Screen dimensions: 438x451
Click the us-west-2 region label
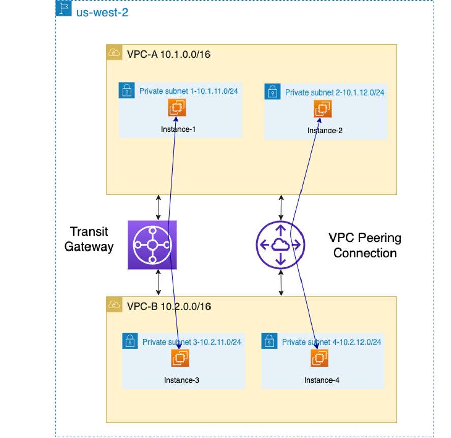coord(102,12)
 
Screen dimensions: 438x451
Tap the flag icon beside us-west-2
coord(64,10)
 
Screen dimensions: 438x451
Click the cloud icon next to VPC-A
coord(114,52)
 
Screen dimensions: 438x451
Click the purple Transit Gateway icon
coord(152,244)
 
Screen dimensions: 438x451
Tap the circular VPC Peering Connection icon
coord(280,245)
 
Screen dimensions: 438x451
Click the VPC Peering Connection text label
coord(365,245)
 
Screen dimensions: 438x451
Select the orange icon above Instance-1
coord(177,108)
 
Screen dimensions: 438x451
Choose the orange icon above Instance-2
coord(323,108)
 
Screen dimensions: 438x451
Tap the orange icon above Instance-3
coord(180,358)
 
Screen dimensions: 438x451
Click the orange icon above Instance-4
coord(320,358)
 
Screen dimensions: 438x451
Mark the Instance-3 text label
coord(182,380)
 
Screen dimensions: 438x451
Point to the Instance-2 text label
coord(325,131)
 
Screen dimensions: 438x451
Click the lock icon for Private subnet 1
coord(127,90)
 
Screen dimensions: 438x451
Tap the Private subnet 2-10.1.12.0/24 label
coord(335,92)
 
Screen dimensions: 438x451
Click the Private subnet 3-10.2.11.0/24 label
coord(192,342)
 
